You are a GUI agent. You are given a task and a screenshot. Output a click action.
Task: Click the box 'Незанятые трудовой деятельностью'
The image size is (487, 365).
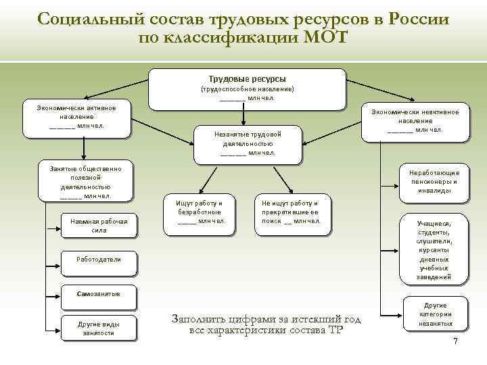247,143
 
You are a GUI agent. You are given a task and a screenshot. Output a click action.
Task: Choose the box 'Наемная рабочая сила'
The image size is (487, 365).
99,226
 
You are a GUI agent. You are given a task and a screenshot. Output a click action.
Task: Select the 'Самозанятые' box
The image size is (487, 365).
99,295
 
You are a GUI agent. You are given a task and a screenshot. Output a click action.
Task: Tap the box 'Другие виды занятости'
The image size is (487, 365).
99,328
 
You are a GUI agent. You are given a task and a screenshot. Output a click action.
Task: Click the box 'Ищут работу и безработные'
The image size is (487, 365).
199,213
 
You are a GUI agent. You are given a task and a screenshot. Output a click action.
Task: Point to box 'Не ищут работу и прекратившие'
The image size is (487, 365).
292,213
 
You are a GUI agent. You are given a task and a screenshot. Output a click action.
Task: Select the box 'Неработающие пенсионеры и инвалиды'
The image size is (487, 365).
434,182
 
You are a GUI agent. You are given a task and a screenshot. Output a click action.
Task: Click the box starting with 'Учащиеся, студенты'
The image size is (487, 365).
434,250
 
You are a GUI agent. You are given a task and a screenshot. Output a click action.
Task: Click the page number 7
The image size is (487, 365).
455,341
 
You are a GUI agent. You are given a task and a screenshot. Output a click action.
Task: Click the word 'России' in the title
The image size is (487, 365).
419,18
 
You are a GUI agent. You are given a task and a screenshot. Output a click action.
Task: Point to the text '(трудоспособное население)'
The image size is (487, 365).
246,89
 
